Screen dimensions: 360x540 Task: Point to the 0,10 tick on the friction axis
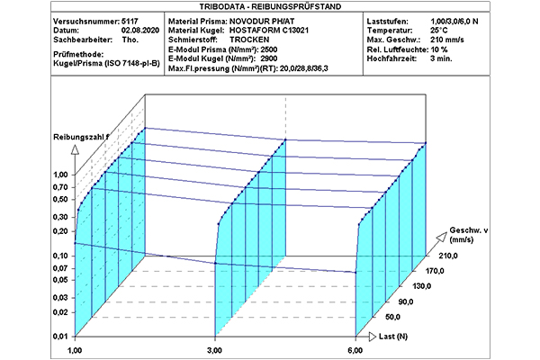coord(61,255)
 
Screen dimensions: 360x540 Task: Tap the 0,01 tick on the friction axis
coord(61,336)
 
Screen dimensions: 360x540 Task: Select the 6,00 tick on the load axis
coord(355,349)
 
